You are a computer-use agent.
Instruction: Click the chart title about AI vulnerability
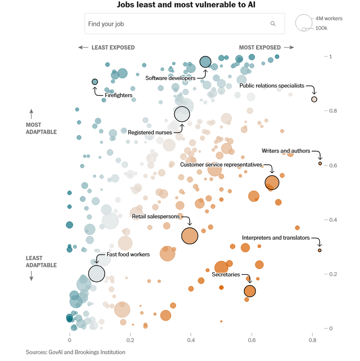pyautogui.click(x=180, y=5)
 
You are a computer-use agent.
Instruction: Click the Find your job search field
pyautogui.click(x=176, y=24)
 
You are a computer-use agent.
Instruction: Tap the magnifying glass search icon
pyautogui.click(x=273, y=24)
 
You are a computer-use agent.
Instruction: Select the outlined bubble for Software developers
pyautogui.click(x=205, y=62)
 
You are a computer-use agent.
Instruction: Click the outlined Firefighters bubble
pyautogui.click(x=95, y=82)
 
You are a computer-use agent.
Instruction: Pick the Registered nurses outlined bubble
pyautogui.click(x=182, y=114)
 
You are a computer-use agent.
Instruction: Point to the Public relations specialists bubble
pyautogui.click(x=314, y=99)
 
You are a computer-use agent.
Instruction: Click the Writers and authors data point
pyautogui.click(x=320, y=164)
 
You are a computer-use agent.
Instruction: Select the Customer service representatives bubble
pyautogui.click(x=272, y=183)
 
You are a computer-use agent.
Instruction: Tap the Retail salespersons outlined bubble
pyautogui.click(x=190, y=236)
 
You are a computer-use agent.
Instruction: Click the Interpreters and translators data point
pyautogui.click(x=319, y=250)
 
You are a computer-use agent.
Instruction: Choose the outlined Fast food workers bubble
pyautogui.click(x=97, y=273)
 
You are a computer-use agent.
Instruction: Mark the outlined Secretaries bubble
pyautogui.click(x=250, y=291)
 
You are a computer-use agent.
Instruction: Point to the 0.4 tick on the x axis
pyautogui.click(x=191, y=341)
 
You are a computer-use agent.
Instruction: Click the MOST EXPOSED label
pyautogui.click(x=260, y=48)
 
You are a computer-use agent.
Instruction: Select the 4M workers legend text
pyautogui.click(x=329, y=18)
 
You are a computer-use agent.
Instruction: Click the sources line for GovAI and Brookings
pyautogui.click(x=75, y=352)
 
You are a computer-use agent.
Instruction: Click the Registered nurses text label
pyautogui.click(x=150, y=132)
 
